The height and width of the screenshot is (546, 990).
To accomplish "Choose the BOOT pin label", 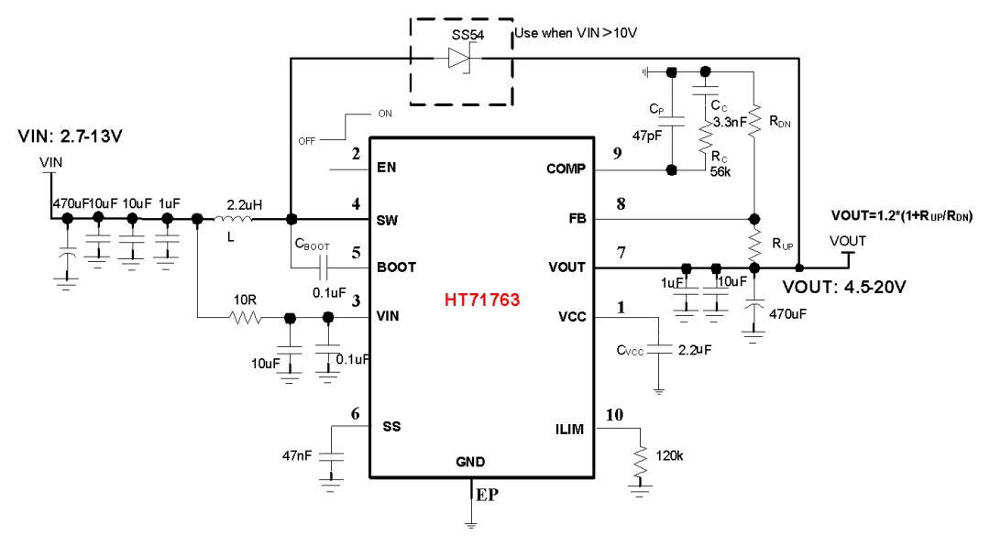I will coord(396,268).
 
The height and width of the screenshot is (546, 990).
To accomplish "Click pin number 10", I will coord(613,416).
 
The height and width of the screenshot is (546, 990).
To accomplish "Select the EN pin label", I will coord(386,169).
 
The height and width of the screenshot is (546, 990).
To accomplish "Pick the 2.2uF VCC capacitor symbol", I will coord(659,349).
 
